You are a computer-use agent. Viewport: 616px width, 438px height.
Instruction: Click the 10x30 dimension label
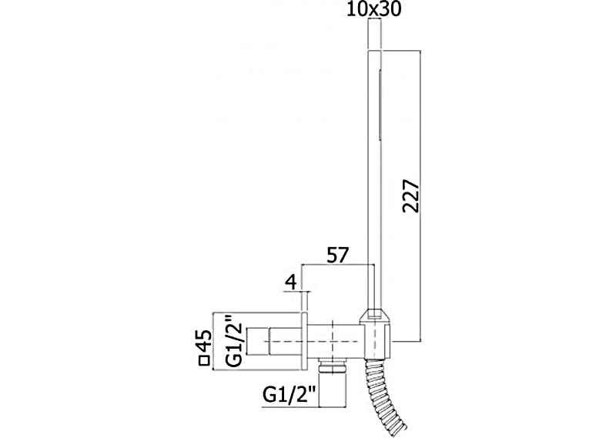coord(374,9)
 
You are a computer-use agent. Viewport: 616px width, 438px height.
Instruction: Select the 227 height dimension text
coord(411,196)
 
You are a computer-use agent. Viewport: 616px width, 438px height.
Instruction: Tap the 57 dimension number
coord(338,256)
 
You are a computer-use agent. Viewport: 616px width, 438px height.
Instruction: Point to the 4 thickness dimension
coord(291,283)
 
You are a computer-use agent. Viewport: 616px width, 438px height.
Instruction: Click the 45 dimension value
coord(205,340)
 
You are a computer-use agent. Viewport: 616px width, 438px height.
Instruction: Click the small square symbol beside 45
coord(204,360)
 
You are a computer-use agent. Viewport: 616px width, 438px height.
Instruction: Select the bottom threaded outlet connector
coord(333,383)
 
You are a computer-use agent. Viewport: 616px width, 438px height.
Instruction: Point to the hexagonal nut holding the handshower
coord(376,316)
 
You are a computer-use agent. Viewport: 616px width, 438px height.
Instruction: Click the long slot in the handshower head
coord(380,104)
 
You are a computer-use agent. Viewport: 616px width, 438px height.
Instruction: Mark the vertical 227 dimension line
coord(421,196)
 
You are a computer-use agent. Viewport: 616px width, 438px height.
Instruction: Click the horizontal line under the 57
coord(338,264)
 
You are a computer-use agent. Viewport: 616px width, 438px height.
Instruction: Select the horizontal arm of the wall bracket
coord(334,341)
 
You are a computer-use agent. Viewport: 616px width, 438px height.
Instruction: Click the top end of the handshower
coord(374,50)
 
